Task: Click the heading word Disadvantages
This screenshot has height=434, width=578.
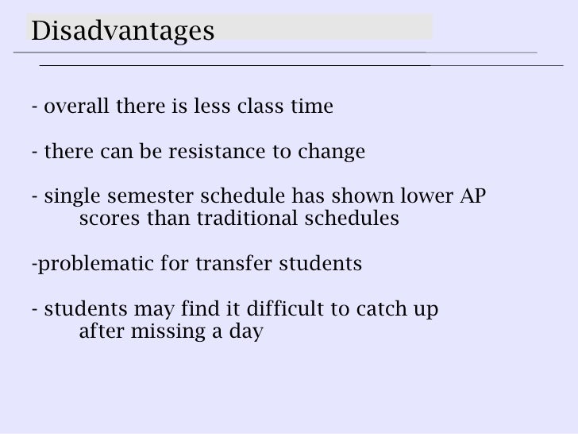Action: (123, 32)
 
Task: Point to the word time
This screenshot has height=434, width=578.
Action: (313, 107)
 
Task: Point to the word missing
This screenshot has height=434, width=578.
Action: (169, 331)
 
